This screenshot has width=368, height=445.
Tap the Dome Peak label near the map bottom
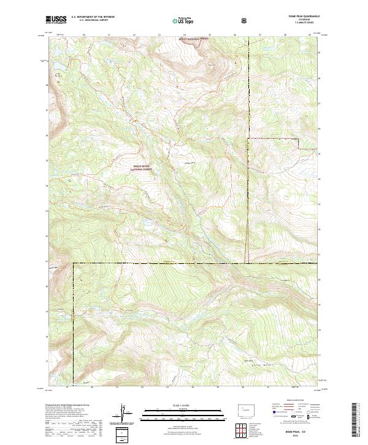coord(248,360)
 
